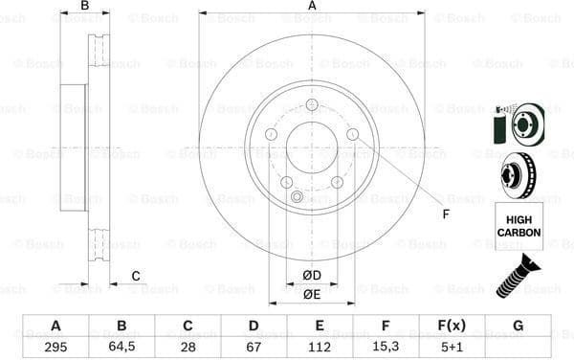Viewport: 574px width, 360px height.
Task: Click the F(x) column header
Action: [452, 326]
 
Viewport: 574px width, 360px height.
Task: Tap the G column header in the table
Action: [518, 326]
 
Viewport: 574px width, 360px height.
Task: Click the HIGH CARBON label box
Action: [518, 226]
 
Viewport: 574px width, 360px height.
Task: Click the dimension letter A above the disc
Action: [312, 7]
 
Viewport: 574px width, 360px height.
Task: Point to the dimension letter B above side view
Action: [84, 7]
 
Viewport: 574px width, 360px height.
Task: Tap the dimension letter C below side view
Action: [135, 277]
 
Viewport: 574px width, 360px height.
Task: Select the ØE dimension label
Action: [312, 294]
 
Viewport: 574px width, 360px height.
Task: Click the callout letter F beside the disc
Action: [446, 213]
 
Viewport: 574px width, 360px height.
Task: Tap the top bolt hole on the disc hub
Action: [312, 106]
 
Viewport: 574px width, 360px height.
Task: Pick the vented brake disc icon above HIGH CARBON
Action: [518, 175]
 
